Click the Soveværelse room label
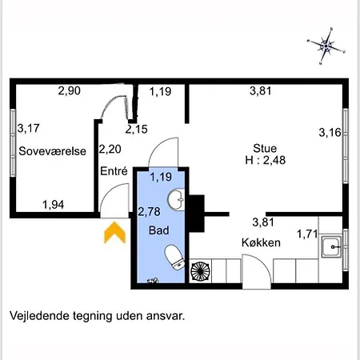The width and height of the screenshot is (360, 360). click(53, 151)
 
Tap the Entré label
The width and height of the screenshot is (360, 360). click(114, 171)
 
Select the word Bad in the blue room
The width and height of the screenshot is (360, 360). click(159, 230)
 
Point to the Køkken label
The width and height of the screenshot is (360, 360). click(261, 242)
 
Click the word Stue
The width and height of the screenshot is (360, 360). click(265, 148)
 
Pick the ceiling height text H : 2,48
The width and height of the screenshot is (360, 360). click(266, 160)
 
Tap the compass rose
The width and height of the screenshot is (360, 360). click(326, 46)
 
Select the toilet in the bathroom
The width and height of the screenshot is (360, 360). click(174, 258)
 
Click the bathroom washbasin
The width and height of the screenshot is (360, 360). click(176, 199)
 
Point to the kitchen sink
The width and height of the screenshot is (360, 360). click(331, 246)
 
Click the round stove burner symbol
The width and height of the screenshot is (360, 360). click(200, 271)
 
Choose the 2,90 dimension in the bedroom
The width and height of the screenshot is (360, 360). click(70, 90)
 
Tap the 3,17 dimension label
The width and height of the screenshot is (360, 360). click(29, 128)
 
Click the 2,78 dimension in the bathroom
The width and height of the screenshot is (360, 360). click(149, 212)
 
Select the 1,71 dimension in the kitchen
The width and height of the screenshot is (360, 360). click(307, 234)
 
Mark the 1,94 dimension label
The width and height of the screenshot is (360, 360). click(54, 205)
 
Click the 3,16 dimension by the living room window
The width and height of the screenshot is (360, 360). click(330, 133)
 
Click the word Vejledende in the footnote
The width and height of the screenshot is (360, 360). click(38, 316)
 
